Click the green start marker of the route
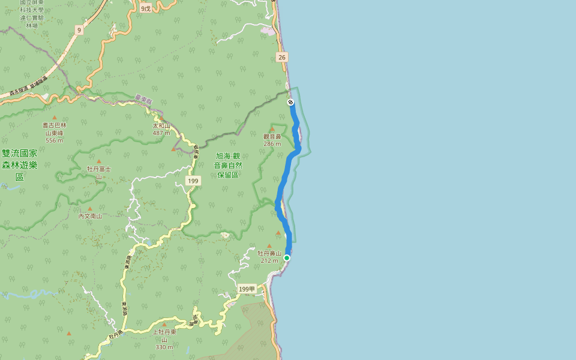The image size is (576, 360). pyautogui.click(x=287, y=258)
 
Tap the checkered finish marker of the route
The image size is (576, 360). pyautogui.click(x=290, y=103)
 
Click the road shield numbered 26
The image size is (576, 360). pyautogui.click(x=282, y=57)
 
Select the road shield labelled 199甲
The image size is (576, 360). pyautogui.click(x=247, y=289)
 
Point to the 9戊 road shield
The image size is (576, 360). pyautogui.click(x=146, y=8)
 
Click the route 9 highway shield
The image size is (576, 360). pyautogui.click(x=79, y=30)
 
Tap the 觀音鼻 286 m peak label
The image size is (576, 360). pyautogui.click(x=272, y=140)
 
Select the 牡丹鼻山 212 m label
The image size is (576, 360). pyautogui.click(x=269, y=257)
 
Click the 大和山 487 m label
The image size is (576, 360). pyautogui.click(x=161, y=129)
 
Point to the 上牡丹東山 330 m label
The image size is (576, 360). pyautogui.click(x=164, y=339)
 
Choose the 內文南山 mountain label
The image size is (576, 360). pyautogui.click(x=90, y=216)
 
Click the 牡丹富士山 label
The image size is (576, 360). pyautogui.click(x=98, y=173)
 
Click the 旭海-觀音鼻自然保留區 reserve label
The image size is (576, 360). pyautogui.click(x=228, y=165)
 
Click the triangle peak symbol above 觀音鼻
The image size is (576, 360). pyautogui.click(x=272, y=128)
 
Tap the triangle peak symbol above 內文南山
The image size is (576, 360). pyautogui.click(x=90, y=209)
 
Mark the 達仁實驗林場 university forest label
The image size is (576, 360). pyautogui.click(x=31, y=14)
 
